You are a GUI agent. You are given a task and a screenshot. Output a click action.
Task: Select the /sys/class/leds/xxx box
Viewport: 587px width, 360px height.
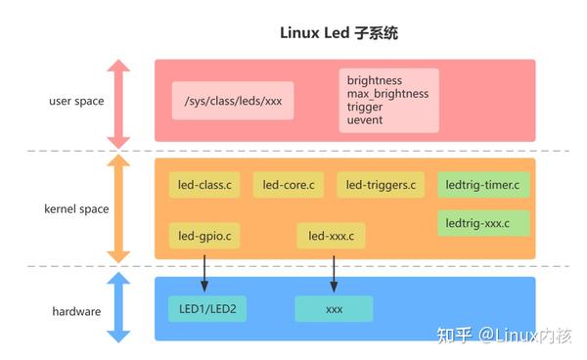tap(232, 101)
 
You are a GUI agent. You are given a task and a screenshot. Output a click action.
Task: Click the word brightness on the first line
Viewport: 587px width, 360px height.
tap(375, 79)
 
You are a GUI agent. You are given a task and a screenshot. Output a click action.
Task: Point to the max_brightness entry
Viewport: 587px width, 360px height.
tap(387, 93)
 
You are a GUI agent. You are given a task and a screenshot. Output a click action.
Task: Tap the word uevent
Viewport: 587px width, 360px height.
tap(365, 120)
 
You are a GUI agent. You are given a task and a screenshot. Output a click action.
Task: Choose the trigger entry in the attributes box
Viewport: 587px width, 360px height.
tap(365, 107)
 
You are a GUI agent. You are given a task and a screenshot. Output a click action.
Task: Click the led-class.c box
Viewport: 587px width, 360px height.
tap(204, 185)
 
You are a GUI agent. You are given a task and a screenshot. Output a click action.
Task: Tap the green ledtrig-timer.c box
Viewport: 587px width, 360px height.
tap(482, 184)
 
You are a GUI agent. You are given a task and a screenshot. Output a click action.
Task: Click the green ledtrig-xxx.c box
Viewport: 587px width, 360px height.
tap(482, 223)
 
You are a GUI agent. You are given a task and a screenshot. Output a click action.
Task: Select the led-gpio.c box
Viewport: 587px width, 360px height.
tap(204, 236)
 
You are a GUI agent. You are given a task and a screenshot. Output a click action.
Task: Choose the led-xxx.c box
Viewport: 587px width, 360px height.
tap(332, 236)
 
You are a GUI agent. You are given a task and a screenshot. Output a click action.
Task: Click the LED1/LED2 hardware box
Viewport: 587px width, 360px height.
tap(207, 309)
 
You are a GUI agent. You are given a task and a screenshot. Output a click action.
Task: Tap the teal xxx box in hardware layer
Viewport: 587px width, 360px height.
tap(334, 309)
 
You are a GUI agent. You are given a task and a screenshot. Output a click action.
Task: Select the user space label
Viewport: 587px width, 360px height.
tap(76, 101)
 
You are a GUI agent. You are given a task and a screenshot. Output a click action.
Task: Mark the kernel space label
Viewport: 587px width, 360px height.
tap(76, 208)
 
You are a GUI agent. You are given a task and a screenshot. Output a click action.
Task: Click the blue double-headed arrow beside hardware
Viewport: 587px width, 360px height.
tap(118, 308)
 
